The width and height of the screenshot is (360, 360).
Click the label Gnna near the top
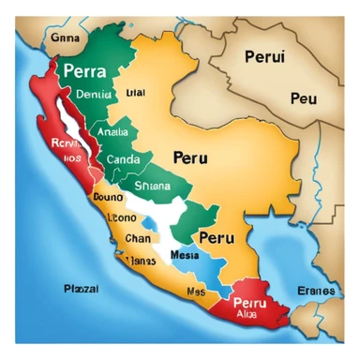40,39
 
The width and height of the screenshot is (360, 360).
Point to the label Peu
303,97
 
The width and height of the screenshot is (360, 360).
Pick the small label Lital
135,93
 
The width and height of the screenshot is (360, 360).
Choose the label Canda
123,159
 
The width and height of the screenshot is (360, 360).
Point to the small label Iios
48,159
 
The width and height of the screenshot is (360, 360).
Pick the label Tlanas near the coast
141,260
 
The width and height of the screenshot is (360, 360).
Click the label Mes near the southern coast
195,292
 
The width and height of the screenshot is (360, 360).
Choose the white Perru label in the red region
250,306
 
